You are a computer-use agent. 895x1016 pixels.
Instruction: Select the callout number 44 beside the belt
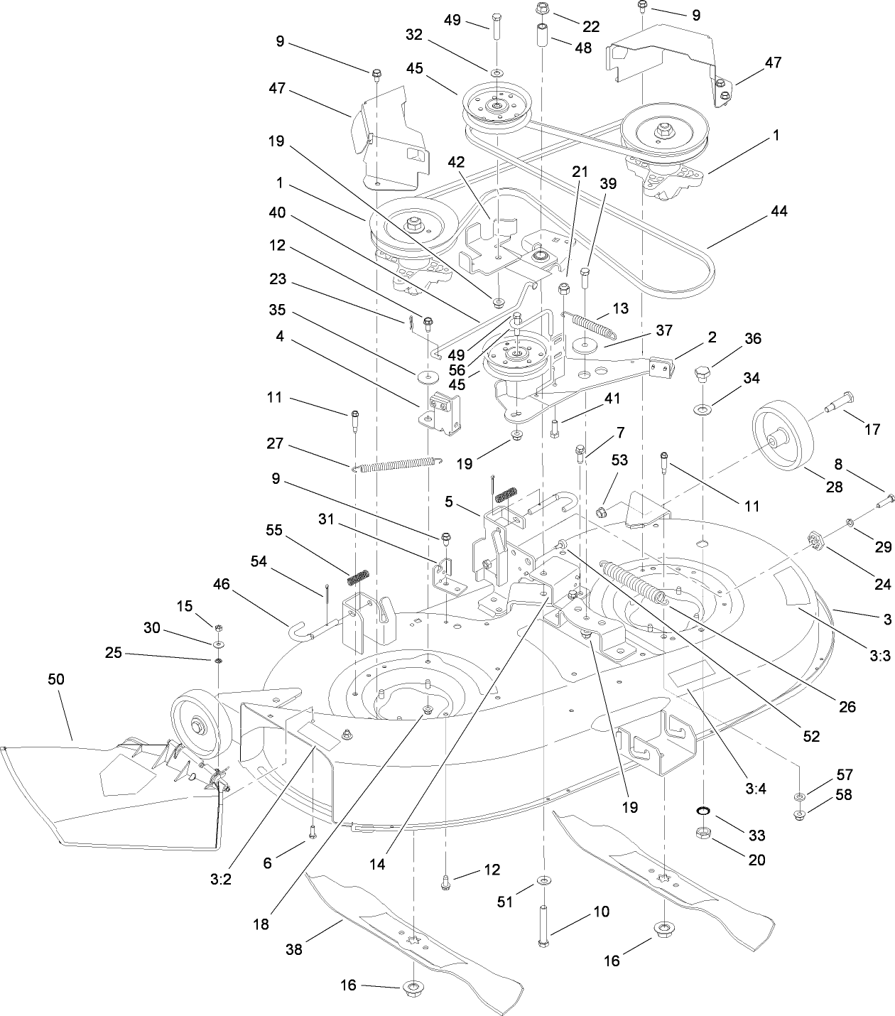pos(778,211)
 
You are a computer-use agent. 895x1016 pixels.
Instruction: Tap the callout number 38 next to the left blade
pos(294,949)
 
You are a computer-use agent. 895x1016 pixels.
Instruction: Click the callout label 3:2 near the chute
pos(221,879)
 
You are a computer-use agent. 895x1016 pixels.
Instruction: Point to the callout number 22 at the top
pos(591,27)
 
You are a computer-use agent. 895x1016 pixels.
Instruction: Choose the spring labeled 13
pos(593,323)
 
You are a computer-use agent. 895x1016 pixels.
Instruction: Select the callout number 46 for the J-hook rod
pos(222,585)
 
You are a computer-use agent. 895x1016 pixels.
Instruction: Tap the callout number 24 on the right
pos(882,584)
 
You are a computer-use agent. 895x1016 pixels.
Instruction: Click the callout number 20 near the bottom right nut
pos(757,860)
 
